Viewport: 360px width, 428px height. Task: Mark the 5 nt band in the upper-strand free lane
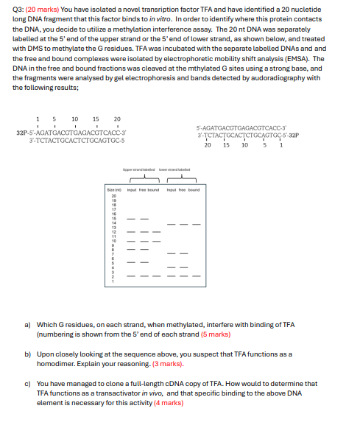pos(144,262)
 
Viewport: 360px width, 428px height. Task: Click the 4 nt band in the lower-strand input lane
pos(171,267)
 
